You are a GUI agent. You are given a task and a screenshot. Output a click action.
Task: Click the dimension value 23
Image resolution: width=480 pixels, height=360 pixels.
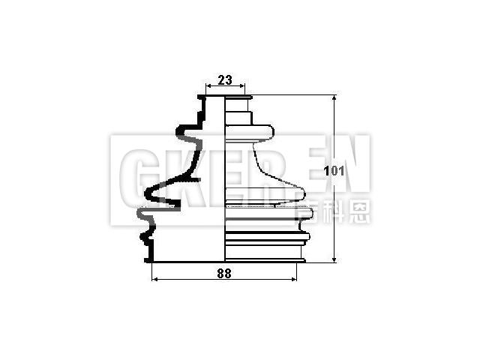click(225, 78)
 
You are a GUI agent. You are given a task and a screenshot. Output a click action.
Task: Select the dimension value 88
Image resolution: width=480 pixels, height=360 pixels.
click(223, 273)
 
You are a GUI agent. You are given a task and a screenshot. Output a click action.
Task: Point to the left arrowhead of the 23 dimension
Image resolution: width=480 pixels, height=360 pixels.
click(208, 87)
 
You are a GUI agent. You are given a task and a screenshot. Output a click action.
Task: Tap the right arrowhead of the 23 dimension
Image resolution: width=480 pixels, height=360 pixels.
click(244, 87)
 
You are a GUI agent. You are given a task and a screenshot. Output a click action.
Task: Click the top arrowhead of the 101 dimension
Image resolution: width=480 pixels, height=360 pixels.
click(334, 98)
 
